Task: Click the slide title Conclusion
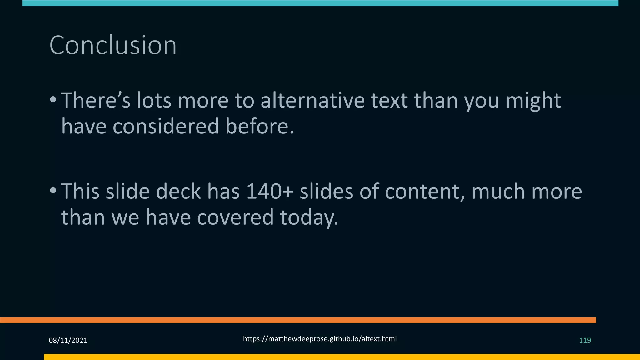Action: [113, 45]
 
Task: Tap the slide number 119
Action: [585, 340]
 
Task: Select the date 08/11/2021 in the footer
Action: [68, 340]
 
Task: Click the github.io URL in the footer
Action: [320, 339]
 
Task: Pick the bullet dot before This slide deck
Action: [53, 190]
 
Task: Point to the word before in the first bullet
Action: [260, 126]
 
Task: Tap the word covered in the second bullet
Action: [235, 217]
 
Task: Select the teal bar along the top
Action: [320, 3]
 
